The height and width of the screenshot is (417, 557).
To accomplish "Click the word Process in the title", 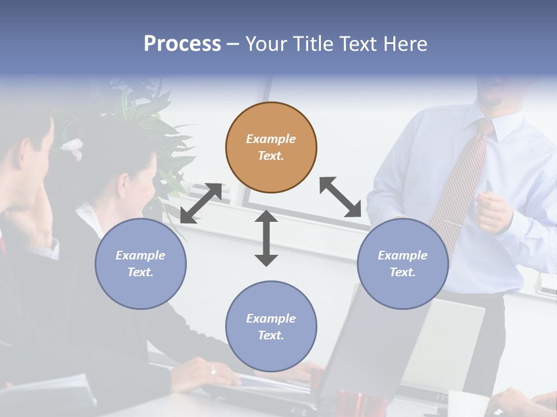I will (182, 44).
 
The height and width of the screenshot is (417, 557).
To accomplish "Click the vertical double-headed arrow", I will (266, 238).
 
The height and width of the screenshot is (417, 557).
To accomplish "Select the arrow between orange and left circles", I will (201, 203).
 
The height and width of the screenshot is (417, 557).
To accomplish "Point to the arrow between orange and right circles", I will (340, 197).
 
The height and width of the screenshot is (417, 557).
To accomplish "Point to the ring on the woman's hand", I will (213, 371).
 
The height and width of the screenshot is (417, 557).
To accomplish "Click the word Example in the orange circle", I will (271, 139).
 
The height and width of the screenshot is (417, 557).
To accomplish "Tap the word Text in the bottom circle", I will (270, 335).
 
